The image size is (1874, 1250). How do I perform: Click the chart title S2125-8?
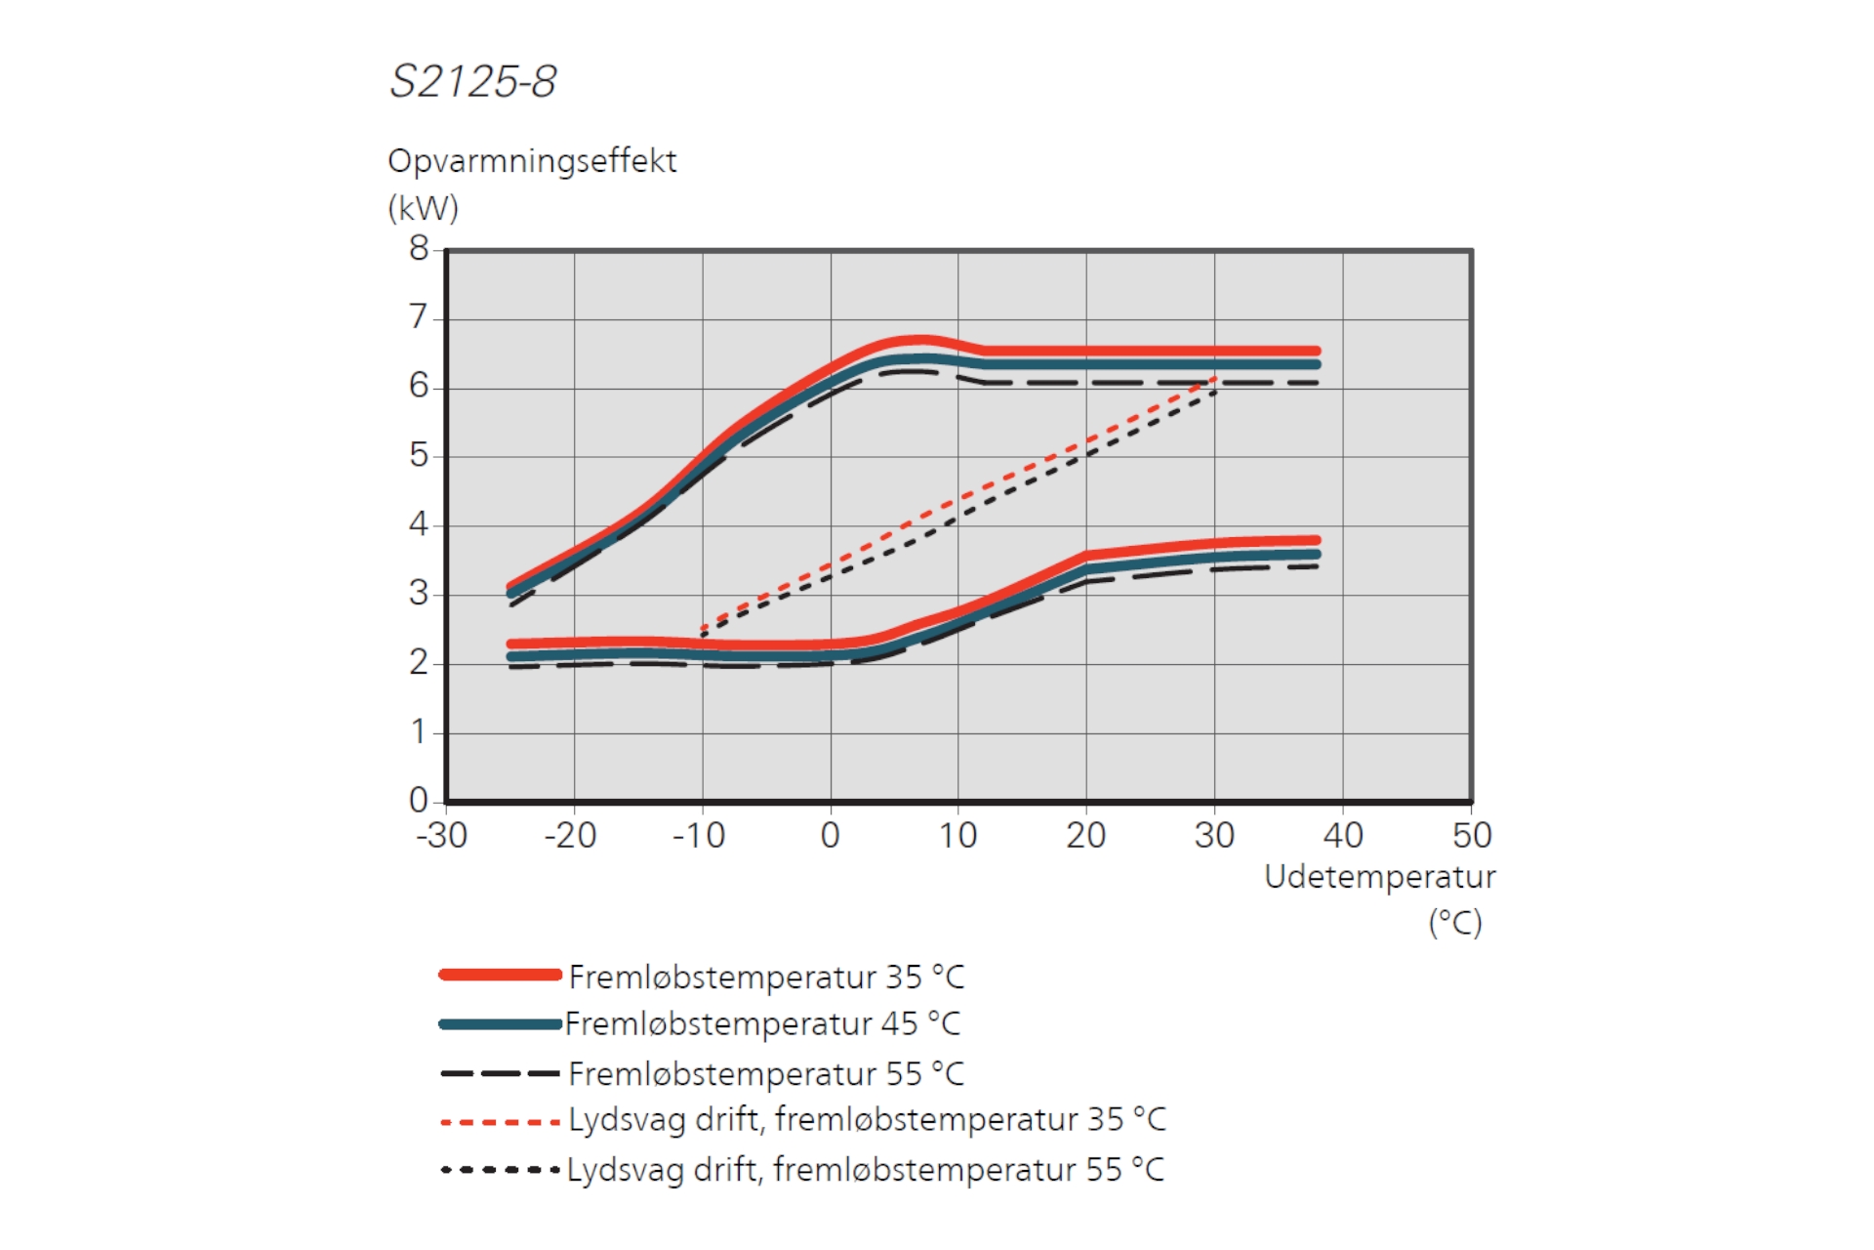(472, 81)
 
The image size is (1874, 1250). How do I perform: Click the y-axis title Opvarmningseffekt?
(531, 161)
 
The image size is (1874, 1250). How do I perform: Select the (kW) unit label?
(423, 208)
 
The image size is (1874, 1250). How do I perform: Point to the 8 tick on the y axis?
(419, 249)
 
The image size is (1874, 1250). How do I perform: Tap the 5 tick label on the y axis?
(419, 455)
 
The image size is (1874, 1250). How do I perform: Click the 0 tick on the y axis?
(419, 800)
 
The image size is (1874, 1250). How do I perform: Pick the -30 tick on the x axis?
(442, 836)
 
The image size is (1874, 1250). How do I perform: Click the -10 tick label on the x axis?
(699, 836)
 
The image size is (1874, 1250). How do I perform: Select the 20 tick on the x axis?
(1085, 836)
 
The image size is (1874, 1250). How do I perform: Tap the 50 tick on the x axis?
(1472, 836)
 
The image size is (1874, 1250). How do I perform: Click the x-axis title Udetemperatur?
(1379, 877)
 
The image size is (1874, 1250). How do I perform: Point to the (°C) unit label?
(1454, 923)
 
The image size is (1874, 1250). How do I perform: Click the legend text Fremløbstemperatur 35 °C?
(766, 977)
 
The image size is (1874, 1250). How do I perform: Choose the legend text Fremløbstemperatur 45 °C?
(762, 1023)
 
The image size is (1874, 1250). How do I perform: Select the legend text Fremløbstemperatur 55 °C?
(766, 1074)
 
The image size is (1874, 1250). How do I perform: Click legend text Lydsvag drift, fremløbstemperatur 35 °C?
(867, 1120)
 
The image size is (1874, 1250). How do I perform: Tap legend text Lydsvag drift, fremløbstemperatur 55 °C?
(865, 1170)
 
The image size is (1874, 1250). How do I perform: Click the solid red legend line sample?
(500, 975)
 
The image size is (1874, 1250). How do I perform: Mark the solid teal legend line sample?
(500, 1024)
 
